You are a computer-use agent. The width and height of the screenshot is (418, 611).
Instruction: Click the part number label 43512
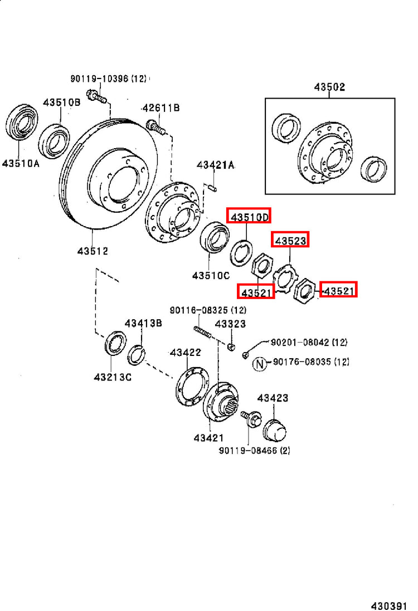pos(93,251)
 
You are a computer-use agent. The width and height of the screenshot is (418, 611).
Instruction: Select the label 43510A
pos(21,163)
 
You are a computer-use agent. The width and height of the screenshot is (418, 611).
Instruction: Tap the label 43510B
pos(62,102)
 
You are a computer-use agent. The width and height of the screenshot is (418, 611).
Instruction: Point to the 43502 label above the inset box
pos(329,87)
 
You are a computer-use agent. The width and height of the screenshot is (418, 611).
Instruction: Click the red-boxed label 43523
pos(290,241)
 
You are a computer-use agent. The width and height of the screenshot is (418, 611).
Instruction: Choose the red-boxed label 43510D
pos(249,216)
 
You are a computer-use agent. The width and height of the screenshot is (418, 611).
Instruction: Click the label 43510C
pos(211,276)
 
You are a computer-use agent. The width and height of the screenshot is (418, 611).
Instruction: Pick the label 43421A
pos(215,165)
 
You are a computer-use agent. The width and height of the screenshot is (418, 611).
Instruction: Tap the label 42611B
pos(161,108)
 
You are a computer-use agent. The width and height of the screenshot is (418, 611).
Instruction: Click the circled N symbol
pos(260,364)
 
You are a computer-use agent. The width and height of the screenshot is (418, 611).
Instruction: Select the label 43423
pos(273,398)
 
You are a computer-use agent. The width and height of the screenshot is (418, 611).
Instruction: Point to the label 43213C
pos(113,377)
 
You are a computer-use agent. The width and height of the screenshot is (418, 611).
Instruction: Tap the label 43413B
pos(143,324)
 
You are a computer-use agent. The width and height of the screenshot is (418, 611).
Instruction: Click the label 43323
pos(230,324)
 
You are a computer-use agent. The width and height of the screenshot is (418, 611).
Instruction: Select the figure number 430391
pos(389,606)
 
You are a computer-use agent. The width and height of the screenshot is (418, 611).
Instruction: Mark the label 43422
pos(186,352)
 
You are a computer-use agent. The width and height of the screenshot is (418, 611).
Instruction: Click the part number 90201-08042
pos(299,342)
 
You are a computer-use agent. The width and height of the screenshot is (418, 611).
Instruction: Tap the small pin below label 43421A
pos(212,188)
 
